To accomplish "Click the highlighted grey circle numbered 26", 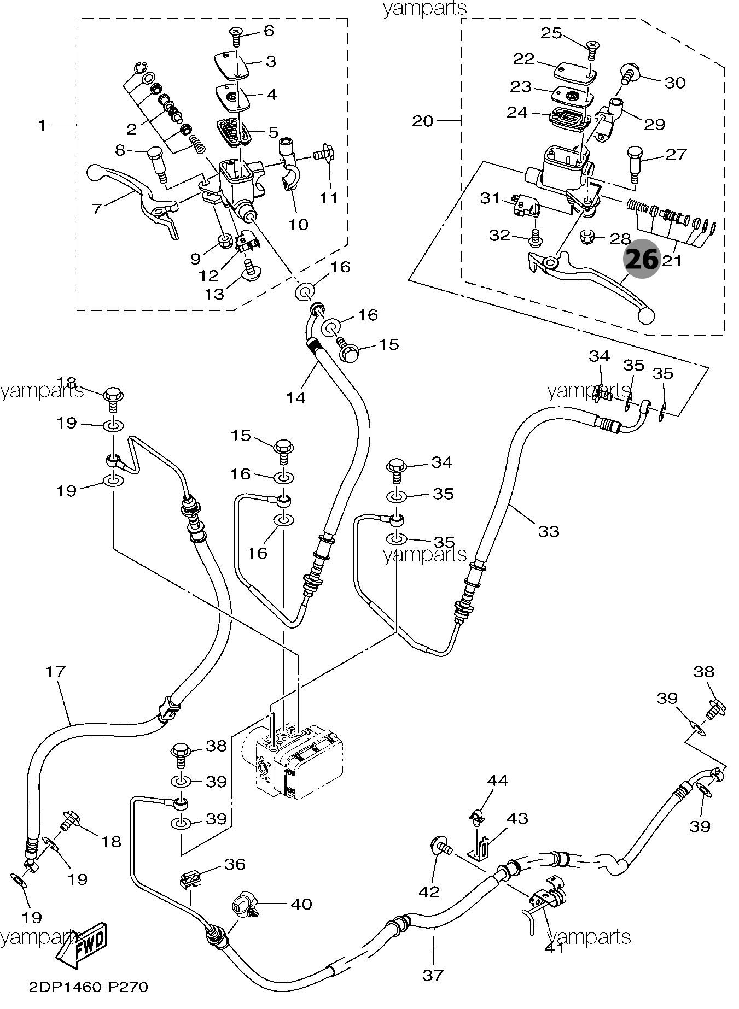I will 642,260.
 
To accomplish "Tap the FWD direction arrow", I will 82,946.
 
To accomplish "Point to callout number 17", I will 56,672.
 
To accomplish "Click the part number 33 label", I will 549,531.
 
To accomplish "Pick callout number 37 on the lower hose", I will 433,975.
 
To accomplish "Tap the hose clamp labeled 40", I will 242,905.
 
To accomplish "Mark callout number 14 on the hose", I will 295,398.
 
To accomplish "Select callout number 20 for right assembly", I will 422,121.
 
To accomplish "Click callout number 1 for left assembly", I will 42,126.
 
